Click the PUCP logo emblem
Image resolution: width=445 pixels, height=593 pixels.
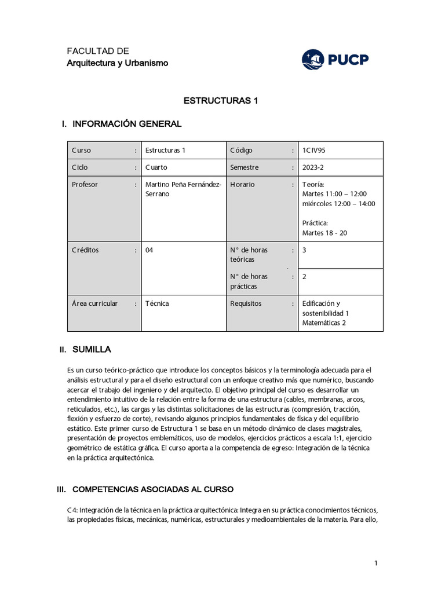(x=314, y=59)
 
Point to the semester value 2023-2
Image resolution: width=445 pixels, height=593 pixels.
(x=313, y=167)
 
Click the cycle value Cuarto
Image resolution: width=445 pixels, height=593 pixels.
(x=156, y=167)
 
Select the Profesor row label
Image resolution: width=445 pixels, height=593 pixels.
(x=85, y=184)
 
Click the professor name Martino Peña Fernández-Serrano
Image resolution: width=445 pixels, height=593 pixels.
(x=183, y=189)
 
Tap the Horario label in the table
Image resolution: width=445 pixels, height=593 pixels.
(x=242, y=184)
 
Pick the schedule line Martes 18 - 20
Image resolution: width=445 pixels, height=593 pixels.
(x=325, y=233)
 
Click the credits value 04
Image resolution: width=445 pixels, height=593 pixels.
(x=149, y=250)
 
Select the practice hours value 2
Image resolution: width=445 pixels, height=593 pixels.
(x=304, y=277)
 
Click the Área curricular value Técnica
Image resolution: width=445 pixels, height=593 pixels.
(x=158, y=303)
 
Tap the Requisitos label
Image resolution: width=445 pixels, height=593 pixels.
(x=246, y=303)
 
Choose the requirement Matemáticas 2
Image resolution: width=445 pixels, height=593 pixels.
(x=324, y=323)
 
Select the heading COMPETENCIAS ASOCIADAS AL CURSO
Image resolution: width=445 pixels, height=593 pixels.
(x=152, y=489)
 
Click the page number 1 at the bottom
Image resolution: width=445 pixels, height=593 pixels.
(x=376, y=563)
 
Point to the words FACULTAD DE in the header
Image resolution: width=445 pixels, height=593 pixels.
(x=98, y=51)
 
